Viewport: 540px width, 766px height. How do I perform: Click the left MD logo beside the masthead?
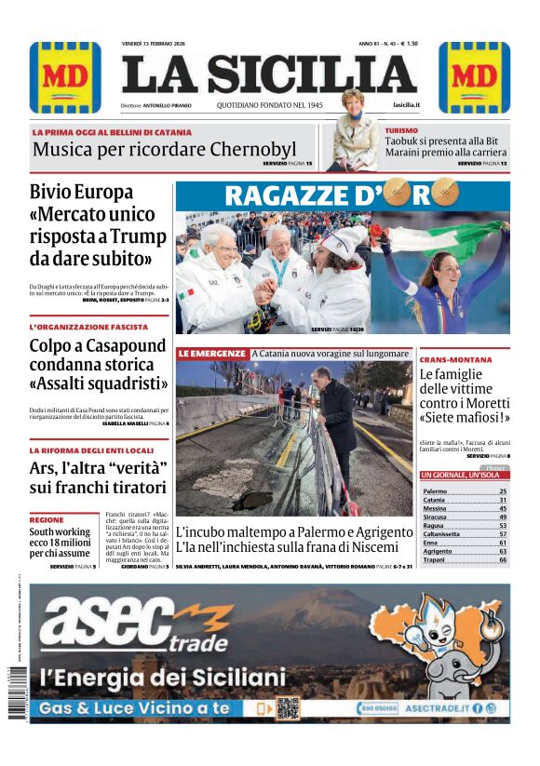[64, 77]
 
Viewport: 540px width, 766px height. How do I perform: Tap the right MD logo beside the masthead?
[474, 77]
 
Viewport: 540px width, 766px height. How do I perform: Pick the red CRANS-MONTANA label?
[455, 359]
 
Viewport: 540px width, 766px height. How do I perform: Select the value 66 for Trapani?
[503, 560]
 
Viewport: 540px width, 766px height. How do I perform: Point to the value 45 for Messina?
[503, 508]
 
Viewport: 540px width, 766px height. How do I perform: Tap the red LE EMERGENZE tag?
[212, 355]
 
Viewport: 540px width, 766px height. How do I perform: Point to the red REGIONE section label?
[47, 519]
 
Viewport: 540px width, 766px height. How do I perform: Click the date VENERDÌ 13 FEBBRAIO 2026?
[160, 44]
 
